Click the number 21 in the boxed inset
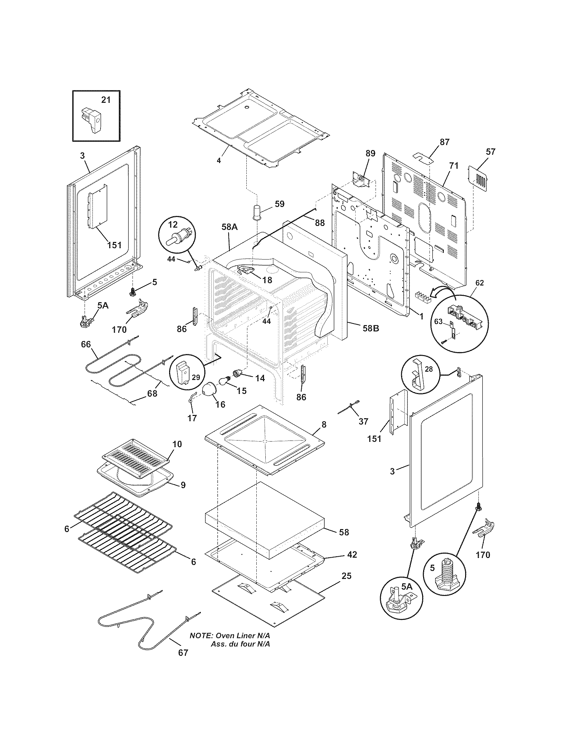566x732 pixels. click(x=106, y=100)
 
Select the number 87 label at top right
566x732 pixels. click(x=444, y=142)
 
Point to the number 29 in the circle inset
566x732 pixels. click(x=196, y=377)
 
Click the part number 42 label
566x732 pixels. click(x=352, y=555)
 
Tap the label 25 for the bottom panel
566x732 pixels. click(x=346, y=576)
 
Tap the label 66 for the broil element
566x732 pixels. click(x=86, y=344)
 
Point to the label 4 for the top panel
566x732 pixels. click(x=219, y=161)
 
